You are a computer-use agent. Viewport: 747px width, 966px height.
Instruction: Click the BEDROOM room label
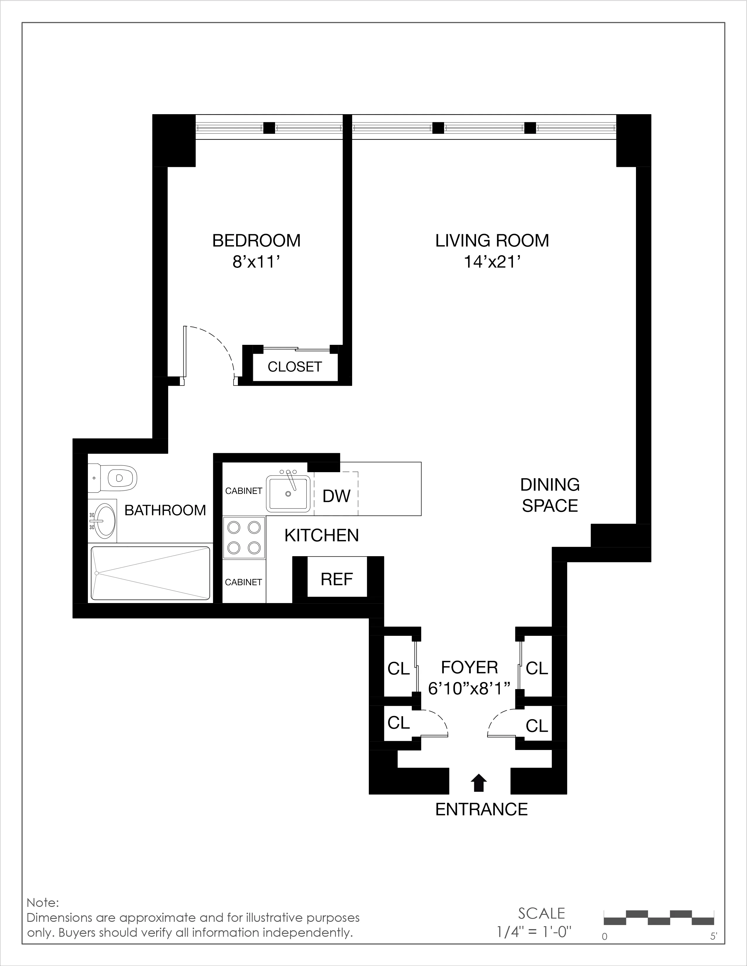click(x=256, y=241)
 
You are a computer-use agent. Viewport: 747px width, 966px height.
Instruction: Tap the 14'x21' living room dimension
click(x=491, y=262)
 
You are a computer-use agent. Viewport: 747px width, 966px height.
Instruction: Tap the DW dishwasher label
click(x=336, y=496)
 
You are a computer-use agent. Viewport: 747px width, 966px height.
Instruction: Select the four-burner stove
click(x=244, y=538)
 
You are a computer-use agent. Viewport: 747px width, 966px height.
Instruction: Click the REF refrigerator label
click(x=337, y=579)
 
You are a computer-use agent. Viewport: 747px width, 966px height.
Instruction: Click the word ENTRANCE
click(x=482, y=809)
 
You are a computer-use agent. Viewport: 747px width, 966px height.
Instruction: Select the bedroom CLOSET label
click(x=294, y=367)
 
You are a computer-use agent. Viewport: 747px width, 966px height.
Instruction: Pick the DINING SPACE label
click(x=550, y=495)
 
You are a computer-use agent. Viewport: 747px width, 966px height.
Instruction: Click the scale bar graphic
click(x=659, y=918)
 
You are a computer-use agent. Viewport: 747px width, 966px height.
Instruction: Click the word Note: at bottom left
click(x=42, y=902)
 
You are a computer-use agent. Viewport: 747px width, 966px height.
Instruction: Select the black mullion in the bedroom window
click(x=269, y=128)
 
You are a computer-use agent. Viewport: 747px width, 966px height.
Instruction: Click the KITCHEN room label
click(x=321, y=536)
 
